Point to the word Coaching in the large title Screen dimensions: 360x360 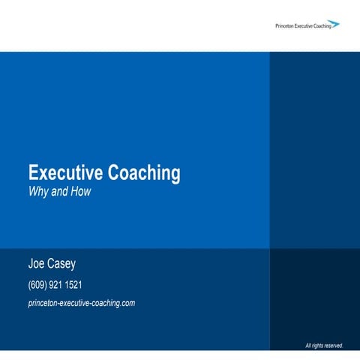pos(145,173)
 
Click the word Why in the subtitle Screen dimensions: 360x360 pos(38,191)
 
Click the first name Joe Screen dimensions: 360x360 pos(37,265)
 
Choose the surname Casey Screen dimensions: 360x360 pos(65,265)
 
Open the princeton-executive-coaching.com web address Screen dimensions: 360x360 pos(81,303)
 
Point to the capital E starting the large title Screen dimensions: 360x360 pos(33,173)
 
